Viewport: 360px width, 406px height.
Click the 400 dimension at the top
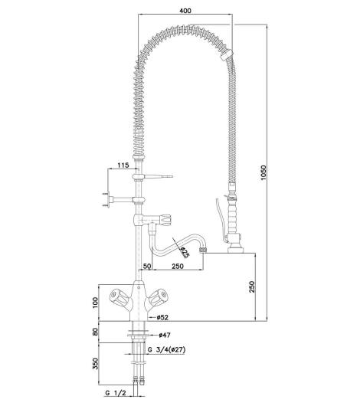point(185,11)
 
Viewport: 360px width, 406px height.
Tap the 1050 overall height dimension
point(263,172)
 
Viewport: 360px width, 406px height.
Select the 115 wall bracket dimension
point(123,165)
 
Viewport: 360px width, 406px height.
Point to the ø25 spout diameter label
point(185,252)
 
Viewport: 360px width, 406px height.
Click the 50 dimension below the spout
point(147,266)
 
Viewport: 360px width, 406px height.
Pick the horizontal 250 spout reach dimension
point(178,266)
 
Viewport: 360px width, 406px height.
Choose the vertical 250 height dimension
point(252,286)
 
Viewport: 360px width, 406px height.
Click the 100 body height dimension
point(95,303)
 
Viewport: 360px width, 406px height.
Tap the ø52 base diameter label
point(162,317)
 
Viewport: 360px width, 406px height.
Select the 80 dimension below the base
point(95,332)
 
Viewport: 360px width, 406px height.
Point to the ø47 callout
point(165,335)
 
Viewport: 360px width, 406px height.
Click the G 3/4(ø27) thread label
point(166,350)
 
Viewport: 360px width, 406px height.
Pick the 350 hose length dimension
point(95,364)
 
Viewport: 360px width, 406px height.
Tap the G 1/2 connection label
point(116,400)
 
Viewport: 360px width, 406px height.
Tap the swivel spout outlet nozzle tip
point(203,250)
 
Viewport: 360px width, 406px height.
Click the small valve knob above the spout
point(165,220)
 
